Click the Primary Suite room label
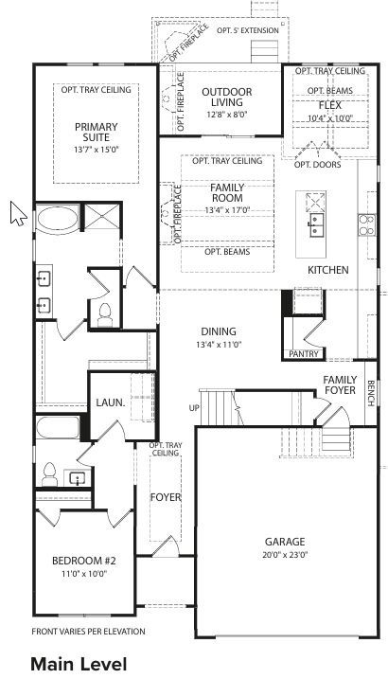tap(97, 131)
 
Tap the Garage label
tap(285, 542)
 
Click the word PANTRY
tap(304, 354)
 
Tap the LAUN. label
tap(111, 402)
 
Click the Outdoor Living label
tap(226, 98)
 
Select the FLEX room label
tap(330, 105)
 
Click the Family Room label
tap(226, 193)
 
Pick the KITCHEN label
tap(328, 270)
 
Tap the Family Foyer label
tap(339, 384)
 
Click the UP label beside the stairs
tap(196, 408)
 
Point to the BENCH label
tap(371, 392)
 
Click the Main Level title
tap(78, 664)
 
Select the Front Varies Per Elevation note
tap(89, 631)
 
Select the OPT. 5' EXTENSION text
tap(248, 30)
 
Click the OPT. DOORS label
tap(315, 165)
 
